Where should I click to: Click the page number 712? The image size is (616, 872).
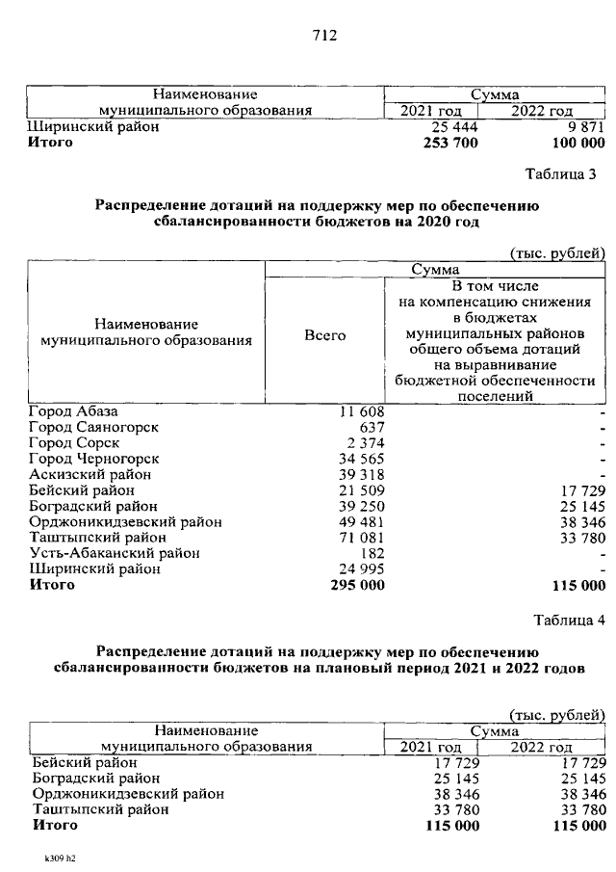tap(323, 37)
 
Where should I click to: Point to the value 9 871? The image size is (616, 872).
tap(586, 126)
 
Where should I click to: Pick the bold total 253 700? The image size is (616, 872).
tap(449, 143)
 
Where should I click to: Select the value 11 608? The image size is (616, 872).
tap(362, 411)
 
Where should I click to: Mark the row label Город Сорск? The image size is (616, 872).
tap(74, 442)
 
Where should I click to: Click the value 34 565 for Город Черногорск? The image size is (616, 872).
tap(362, 459)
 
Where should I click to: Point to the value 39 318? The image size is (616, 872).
tap(362, 474)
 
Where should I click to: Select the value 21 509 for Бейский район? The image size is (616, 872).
tap(362, 489)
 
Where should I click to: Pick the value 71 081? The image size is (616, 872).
tap(362, 537)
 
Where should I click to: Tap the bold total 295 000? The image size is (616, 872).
tap(357, 584)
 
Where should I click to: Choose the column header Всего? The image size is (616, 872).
tap(324, 334)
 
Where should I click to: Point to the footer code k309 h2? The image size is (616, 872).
tap(59, 856)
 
